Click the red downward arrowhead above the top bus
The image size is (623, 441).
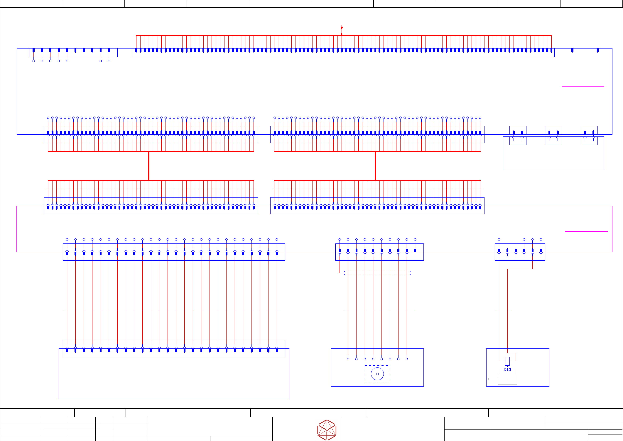click(x=342, y=28)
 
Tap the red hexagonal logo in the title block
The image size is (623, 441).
click(x=327, y=430)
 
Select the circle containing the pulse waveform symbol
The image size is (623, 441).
click(x=377, y=374)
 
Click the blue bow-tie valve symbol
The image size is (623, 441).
click(x=507, y=370)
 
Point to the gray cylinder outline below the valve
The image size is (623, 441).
click(x=507, y=379)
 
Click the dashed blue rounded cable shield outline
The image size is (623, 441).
click(x=377, y=273)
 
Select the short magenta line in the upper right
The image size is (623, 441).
click(x=583, y=86)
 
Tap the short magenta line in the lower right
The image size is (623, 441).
click(x=586, y=231)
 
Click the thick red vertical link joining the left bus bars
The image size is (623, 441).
click(x=149, y=166)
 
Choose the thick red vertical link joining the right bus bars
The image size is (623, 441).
click(x=375, y=166)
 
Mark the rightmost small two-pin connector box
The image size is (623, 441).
click(x=589, y=135)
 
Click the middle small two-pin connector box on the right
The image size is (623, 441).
click(x=553, y=135)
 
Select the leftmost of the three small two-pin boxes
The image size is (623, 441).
click(x=518, y=135)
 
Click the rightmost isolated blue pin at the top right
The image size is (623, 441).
click(x=597, y=50)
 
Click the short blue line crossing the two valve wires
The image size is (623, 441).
click(x=503, y=311)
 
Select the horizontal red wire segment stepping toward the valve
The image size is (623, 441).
click(x=520, y=269)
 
